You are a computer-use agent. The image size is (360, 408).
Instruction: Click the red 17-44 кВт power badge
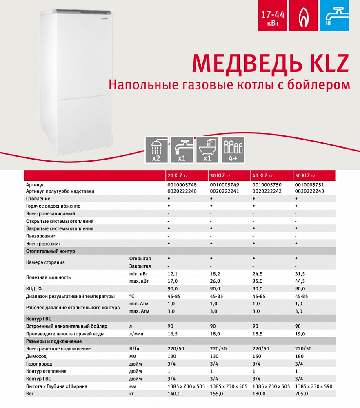pyautogui.click(x=272, y=16)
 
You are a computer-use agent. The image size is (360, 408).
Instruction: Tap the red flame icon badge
pyautogui.click(x=303, y=16)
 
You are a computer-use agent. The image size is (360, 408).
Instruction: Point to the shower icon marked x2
pyautogui.click(x=156, y=150)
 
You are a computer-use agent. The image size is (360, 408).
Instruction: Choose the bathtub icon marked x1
pyautogui.click(x=207, y=150)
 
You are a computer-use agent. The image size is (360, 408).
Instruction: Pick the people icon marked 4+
pyautogui.click(x=233, y=150)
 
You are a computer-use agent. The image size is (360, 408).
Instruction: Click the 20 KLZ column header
pyautogui.click(x=178, y=176)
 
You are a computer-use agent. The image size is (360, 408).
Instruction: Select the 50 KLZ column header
pyautogui.click(x=305, y=176)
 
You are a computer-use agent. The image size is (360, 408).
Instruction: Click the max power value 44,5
pyautogui.click(x=300, y=281)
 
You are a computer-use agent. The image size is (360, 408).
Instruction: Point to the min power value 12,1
pyautogui.click(x=173, y=274)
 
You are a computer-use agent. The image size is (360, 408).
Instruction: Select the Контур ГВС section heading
pyautogui.click(x=39, y=318)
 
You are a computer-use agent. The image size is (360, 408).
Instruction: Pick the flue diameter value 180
pyautogui.click(x=299, y=356)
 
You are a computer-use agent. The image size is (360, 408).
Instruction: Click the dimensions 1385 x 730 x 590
pyautogui.click(x=315, y=386)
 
